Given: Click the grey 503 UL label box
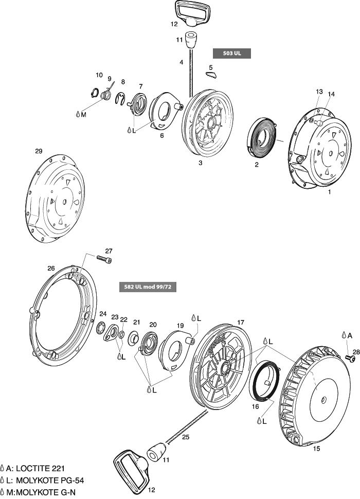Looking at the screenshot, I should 231,53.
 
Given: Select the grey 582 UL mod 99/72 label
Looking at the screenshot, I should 148,286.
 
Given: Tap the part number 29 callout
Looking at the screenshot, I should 39,151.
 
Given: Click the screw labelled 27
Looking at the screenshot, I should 104,260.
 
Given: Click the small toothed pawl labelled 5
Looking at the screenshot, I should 211,76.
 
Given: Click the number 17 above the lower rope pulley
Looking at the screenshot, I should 240,323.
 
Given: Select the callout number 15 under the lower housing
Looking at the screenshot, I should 317,448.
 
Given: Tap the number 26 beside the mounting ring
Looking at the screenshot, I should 51,268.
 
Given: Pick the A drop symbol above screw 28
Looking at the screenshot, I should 345,335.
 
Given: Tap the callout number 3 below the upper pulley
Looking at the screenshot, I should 200,163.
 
